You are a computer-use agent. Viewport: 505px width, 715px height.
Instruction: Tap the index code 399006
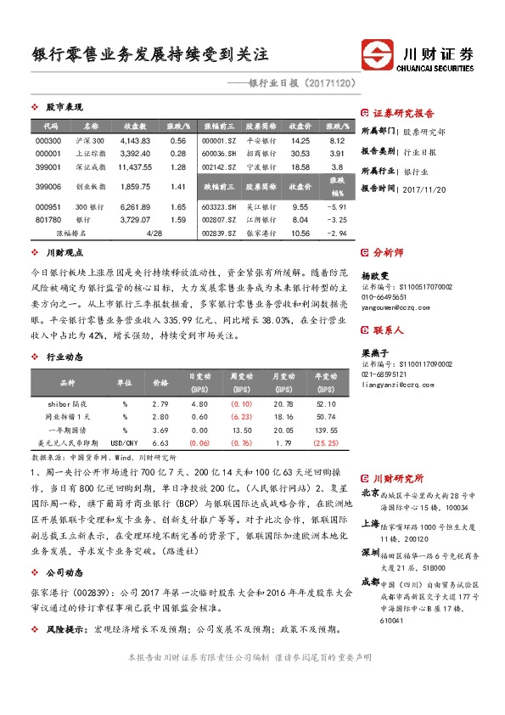49,186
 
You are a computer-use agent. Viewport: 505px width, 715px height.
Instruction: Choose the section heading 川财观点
64,252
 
